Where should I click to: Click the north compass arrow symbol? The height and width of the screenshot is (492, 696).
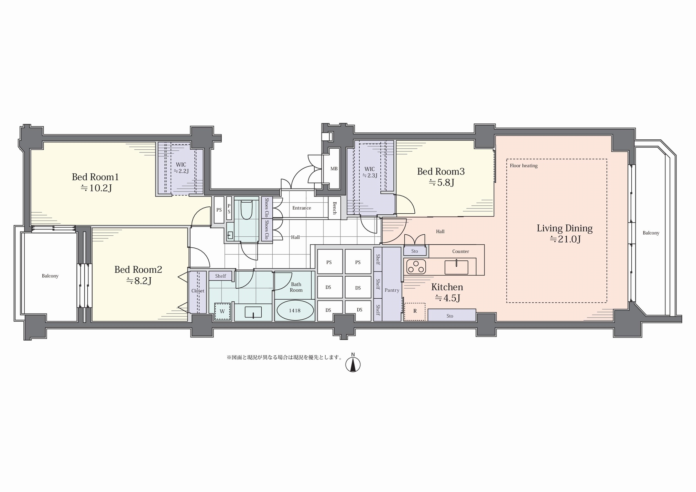pyautogui.click(x=353, y=364)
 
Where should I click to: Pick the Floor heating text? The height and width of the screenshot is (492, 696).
pyautogui.click(x=523, y=165)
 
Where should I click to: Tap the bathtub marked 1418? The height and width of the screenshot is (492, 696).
pyautogui.click(x=295, y=310)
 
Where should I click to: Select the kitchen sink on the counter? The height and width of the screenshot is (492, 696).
pyautogui.click(x=456, y=267)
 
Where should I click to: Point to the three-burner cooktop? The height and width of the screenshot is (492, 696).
pyautogui.click(x=416, y=267)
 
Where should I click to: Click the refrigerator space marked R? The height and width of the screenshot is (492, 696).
pyautogui.click(x=415, y=311)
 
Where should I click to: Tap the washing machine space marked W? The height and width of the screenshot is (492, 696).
pyautogui.click(x=222, y=311)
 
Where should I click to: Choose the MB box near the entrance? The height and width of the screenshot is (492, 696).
pyautogui.click(x=334, y=169)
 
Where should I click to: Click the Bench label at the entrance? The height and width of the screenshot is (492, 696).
pyautogui.click(x=335, y=208)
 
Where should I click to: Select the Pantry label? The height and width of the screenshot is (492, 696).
pyautogui.click(x=392, y=290)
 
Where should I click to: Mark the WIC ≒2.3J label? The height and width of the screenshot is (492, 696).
pyautogui.click(x=370, y=172)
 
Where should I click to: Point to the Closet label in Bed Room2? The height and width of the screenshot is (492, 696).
pyautogui.click(x=198, y=291)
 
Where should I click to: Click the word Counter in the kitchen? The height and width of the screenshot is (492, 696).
pyautogui.click(x=461, y=252)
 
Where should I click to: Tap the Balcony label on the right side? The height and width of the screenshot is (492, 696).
pyautogui.click(x=651, y=233)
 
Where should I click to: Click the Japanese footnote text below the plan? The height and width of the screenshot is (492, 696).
pyautogui.click(x=284, y=357)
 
